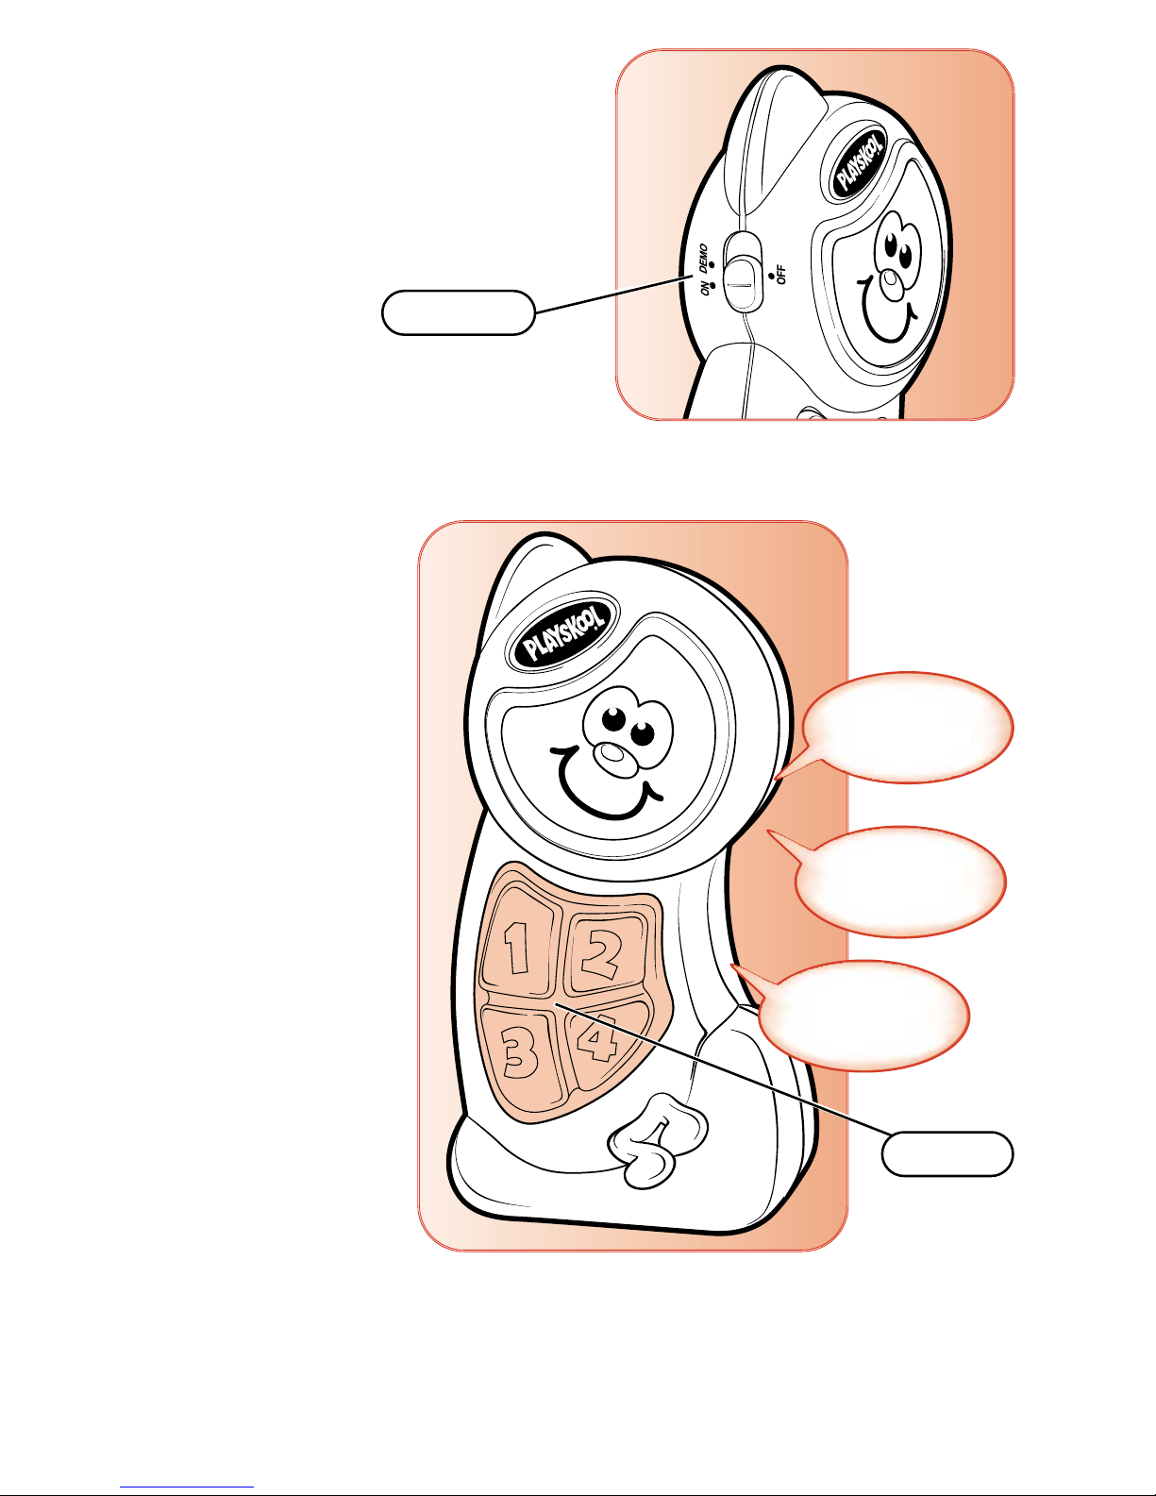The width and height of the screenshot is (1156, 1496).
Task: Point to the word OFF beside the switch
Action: pos(781,275)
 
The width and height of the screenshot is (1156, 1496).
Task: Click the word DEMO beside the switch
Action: pos(702,256)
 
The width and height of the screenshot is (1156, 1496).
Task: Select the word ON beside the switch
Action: pos(705,287)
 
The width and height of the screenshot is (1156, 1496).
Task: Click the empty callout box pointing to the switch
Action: pos(459,312)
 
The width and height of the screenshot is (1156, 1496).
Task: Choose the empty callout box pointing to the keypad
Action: pos(947,1153)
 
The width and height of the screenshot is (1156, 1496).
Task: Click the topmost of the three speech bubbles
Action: pos(907,728)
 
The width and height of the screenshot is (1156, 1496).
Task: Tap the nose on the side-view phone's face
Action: pos(893,284)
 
